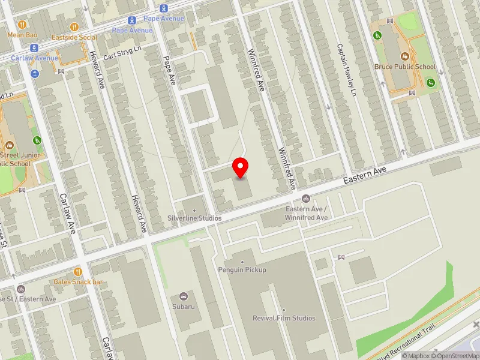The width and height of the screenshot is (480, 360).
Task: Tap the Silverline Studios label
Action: [x=194, y=218]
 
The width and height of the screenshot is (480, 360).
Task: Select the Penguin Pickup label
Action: [x=242, y=270]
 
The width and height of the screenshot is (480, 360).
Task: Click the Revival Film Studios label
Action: [x=284, y=318]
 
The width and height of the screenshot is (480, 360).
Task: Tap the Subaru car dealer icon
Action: [x=184, y=296]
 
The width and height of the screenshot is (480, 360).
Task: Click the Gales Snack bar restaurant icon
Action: [x=78, y=272]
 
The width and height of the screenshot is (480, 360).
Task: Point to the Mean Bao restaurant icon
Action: [x=22, y=25]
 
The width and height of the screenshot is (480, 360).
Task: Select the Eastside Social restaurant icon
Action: [x=74, y=27]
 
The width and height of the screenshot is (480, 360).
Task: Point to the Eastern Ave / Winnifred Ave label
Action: [x=306, y=213]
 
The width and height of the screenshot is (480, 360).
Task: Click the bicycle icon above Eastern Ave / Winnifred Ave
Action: [x=306, y=199]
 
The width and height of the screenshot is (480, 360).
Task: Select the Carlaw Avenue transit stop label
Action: [x=35, y=58]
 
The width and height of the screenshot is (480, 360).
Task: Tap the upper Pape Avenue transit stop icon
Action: [x=164, y=8]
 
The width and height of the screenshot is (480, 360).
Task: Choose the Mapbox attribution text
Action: [x=415, y=356]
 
